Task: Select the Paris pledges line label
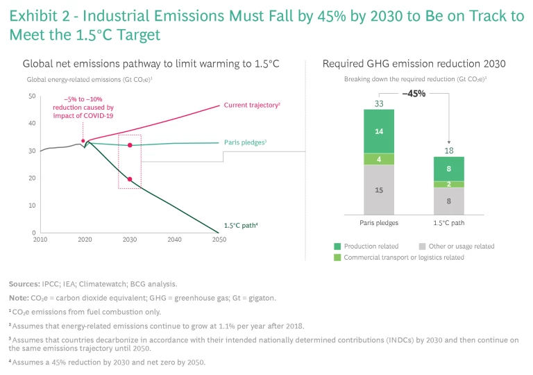point(245,142)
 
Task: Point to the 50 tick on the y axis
point(31,96)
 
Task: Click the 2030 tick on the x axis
point(129,240)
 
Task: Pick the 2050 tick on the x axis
point(219,240)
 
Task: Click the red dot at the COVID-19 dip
point(83,141)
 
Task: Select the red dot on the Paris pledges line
point(130,145)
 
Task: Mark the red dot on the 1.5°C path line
point(130,179)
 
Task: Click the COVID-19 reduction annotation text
point(83,108)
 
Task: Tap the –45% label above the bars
point(414,93)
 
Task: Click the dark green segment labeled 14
point(379,131)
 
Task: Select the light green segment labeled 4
point(379,159)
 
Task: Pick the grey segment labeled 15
point(379,190)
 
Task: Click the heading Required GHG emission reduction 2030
point(414,64)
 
